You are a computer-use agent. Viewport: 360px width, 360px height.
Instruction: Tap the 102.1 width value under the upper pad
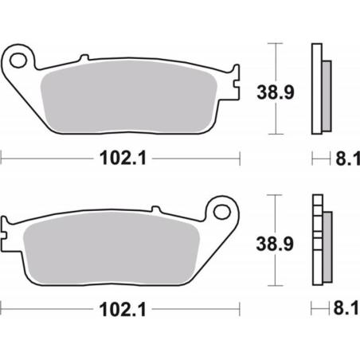119,158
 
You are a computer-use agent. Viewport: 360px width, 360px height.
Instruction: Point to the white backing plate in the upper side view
315,88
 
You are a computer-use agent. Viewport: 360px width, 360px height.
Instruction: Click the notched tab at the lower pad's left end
8,230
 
